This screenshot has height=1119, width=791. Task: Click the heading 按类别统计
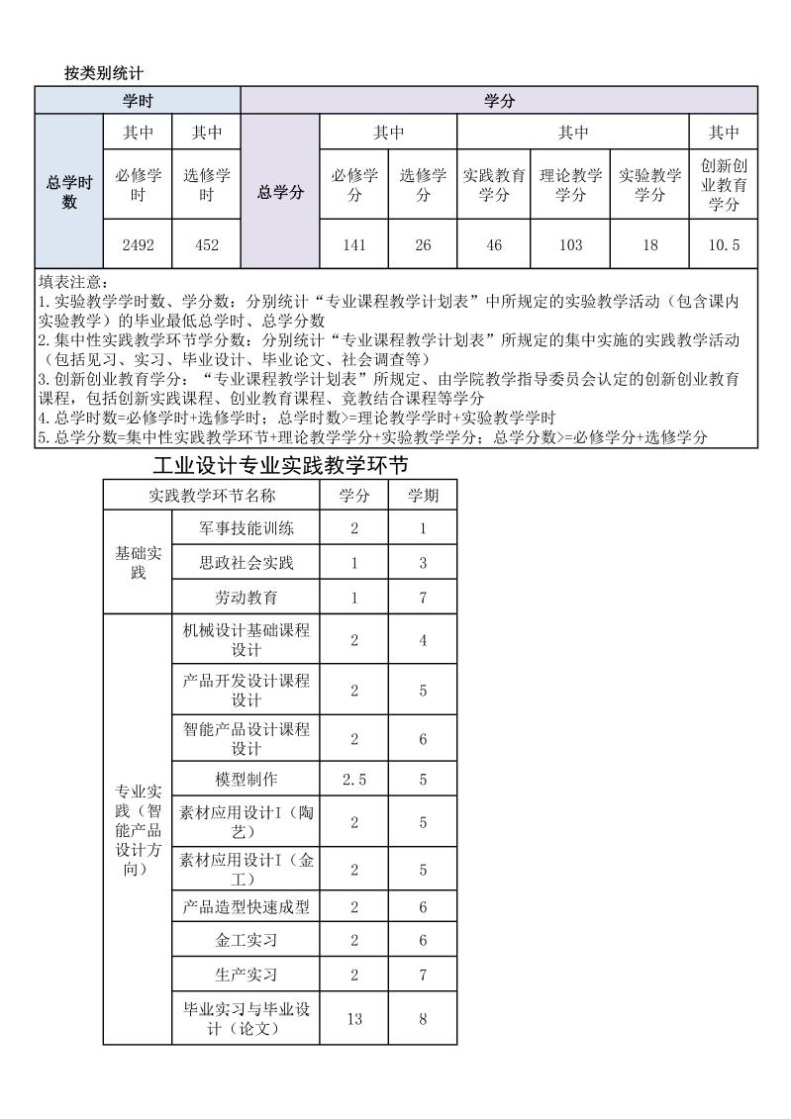pyautogui.click(x=104, y=72)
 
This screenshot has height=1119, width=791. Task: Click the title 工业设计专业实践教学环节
pyautogui.click(x=281, y=465)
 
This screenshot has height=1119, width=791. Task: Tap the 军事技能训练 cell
pyautogui.click(x=247, y=528)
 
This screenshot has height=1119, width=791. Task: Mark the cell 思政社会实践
pyautogui.click(x=247, y=563)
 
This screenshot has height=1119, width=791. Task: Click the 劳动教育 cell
pyautogui.click(x=247, y=598)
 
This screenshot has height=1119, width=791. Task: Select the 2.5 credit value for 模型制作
pyautogui.click(x=354, y=779)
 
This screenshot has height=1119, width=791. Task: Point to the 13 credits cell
pyautogui.click(x=354, y=1018)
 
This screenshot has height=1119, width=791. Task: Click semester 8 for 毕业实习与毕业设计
pyautogui.click(x=423, y=1018)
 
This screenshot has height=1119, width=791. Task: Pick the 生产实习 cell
pyautogui.click(x=247, y=975)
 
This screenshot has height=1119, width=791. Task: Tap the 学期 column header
pyautogui.click(x=423, y=495)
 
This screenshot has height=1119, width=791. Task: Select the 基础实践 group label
pyautogui.click(x=138, y=563)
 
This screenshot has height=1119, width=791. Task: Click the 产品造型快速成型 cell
pyautogui.click(x=247, y=906)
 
